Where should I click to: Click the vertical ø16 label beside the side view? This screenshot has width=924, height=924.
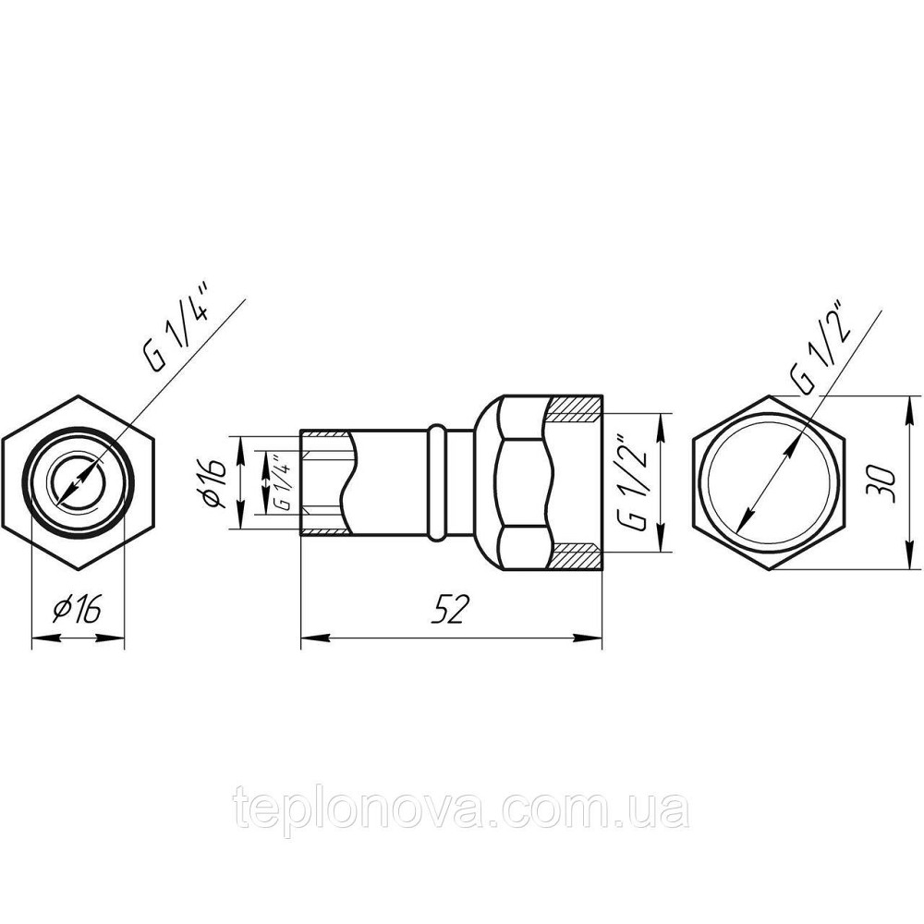point(214,482)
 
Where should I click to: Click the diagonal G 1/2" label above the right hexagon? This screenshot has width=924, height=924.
point(821,347)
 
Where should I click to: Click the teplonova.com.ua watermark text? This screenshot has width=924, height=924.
point(460,808)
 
